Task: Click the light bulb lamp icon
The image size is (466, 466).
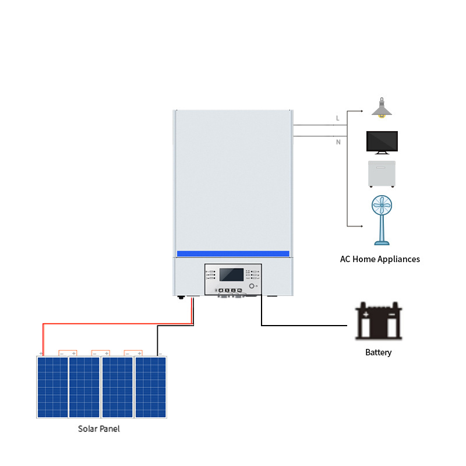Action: point(382,108)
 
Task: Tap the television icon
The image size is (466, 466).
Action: point(382,142)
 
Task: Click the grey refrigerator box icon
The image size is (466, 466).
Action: point(382,174)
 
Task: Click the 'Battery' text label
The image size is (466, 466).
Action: point(379,352)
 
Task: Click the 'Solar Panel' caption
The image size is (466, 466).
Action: point(99,429)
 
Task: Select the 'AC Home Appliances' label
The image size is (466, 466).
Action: point(380,259)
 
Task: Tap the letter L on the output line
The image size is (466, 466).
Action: point(337,118)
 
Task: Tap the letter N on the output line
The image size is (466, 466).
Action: point(338,142)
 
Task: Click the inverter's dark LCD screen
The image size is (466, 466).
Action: point(231,275)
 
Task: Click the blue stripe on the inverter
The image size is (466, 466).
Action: point(233,253)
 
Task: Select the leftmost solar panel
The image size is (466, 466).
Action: point(52,387)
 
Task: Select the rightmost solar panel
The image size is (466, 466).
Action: point(150,387)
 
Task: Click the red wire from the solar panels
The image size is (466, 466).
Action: point(116,323)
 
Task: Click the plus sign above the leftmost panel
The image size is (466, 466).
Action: point(41,353)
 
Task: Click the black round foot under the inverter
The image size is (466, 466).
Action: point(181,297)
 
